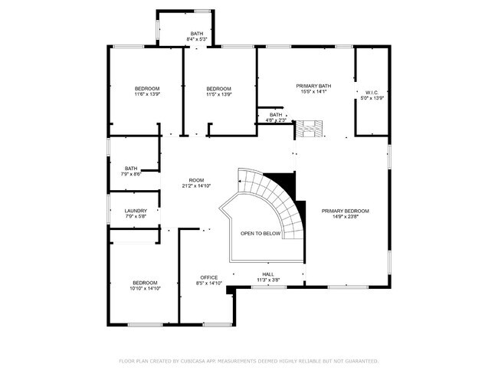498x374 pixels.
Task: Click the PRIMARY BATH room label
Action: (x=313, y=86)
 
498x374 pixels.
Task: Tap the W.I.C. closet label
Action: (x=372, y=92)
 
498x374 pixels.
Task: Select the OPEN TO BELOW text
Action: (x=260, y=233)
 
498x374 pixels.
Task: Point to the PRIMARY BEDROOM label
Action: (x=345, y=211)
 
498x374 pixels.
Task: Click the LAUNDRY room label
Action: (x=135, y=211)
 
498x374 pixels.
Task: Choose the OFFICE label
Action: (x=208, y=277)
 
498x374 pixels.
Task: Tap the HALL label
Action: (x=268, y=274)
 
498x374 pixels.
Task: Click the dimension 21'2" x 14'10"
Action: (x=197, y=186)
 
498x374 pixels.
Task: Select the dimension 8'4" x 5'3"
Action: (x=198, y=39)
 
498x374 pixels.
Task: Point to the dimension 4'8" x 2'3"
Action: (x=276, y=120)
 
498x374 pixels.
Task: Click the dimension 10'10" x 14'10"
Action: (x=145, y=288)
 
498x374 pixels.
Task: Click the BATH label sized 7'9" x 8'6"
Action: (x=131, y=169)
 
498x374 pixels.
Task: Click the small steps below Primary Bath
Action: (x=310, y=128)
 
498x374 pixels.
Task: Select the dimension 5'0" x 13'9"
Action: (x=372, y=98)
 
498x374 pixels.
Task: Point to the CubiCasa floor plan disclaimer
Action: (x=248, y=360)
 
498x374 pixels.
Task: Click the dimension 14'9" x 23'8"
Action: (x=345, y=217)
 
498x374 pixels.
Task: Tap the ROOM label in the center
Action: (x=197, y=180)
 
